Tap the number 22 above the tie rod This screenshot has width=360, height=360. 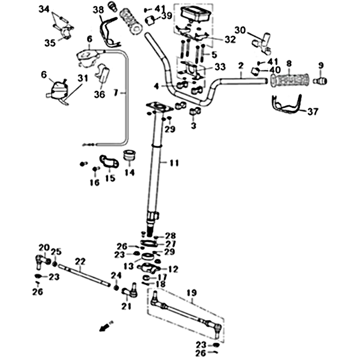80,261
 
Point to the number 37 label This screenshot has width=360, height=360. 312,112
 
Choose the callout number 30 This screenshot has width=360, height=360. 240,30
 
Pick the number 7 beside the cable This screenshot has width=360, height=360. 116,93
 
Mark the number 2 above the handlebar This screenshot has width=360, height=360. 241,66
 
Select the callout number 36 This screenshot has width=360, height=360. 99,94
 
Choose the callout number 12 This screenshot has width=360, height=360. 173,269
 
